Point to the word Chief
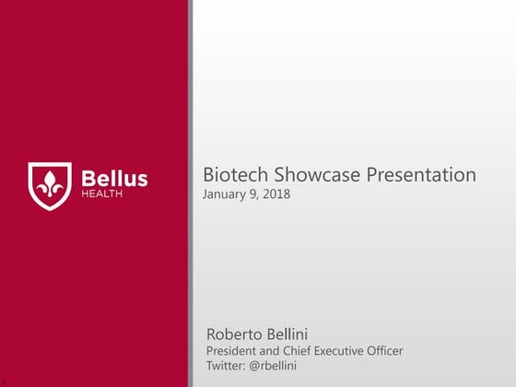303,351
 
